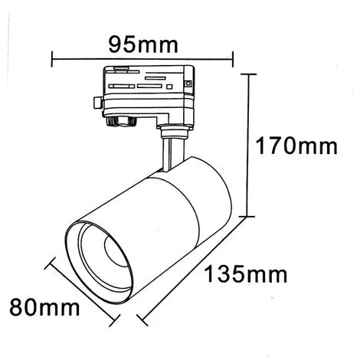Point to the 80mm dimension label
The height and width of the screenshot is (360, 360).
(44, 309)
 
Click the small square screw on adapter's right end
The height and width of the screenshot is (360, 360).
(187, 83)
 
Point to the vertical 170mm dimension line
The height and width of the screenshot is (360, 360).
(249, 146)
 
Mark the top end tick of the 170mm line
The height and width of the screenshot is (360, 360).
(249, 74)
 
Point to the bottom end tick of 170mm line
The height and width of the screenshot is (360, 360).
(249, 216)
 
